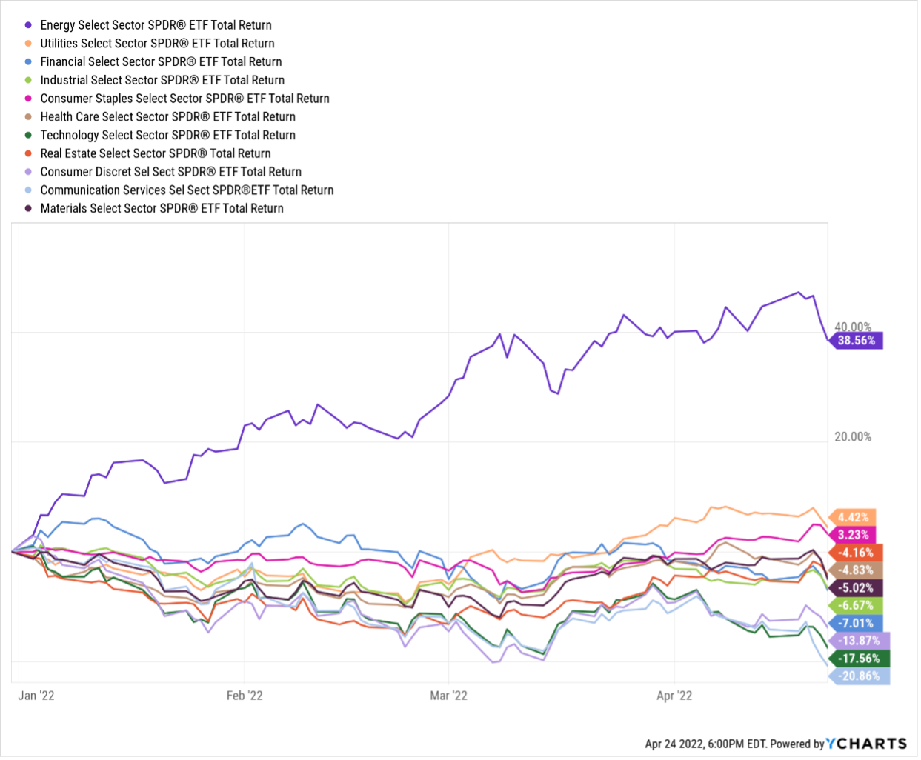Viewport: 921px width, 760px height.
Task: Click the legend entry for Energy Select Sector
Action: (156, 25)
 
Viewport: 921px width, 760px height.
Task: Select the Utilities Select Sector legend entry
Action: (157, 44)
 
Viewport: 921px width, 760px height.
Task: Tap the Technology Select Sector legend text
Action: (167, 136)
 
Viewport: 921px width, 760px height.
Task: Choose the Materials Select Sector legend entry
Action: (162, 209)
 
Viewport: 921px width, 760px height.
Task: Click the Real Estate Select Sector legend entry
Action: (156, 153)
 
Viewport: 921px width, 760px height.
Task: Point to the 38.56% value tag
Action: (857, 341)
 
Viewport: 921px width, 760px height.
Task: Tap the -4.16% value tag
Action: (856, 553)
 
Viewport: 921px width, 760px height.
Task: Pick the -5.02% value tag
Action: (856, 588)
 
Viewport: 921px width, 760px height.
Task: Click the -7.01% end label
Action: (856, 623)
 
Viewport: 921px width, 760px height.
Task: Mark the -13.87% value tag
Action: (859, 641)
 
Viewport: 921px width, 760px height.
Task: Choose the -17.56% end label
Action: (859, 659)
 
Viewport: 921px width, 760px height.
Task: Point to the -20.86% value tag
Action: (859, 676)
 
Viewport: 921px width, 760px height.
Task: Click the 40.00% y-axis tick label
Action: (853, 327)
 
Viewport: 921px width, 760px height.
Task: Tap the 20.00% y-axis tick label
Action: (853, 437)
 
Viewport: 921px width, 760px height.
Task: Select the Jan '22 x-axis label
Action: (36, 696)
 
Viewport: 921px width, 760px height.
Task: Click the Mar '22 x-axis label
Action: (449, 696)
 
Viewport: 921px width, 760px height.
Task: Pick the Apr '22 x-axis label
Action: (674, 696)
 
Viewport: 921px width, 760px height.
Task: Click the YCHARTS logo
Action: (866, 744)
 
